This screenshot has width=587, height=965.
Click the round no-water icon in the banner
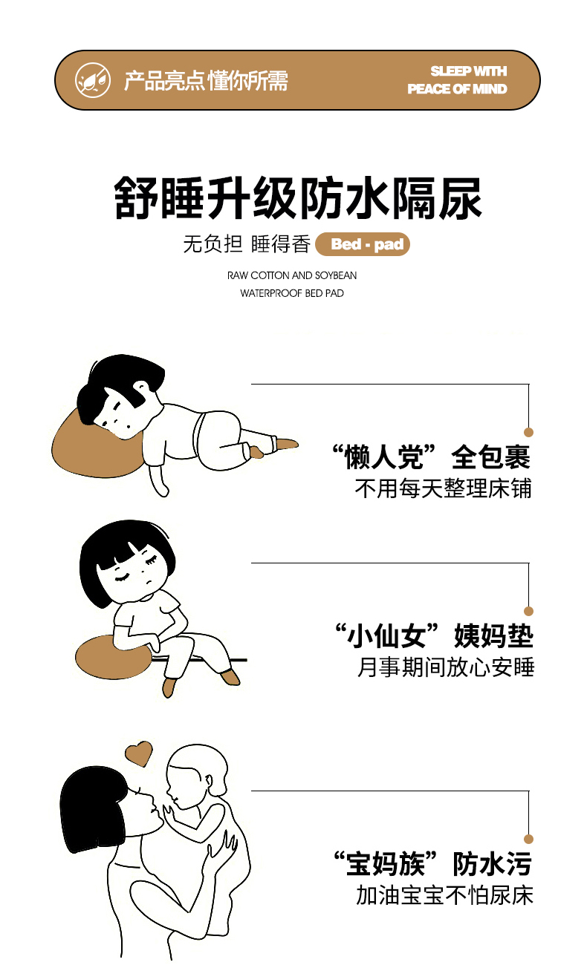click(x=93, y=80)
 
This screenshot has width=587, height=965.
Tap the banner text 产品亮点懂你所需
click(x=206, y=81)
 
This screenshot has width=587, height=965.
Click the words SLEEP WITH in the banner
click(x=468, y=71)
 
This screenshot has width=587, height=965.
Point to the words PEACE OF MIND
click(x=457, y=89)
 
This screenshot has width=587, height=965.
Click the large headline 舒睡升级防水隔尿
click(x=297, y=198)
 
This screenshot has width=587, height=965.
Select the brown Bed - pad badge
click(x=363, y=244)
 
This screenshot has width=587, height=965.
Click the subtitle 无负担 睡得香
click(x=247, y=243)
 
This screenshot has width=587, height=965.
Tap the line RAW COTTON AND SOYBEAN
click(x=292, y=275)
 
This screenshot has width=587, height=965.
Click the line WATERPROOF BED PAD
click(x=292, y=293)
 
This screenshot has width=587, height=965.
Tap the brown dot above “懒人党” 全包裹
click(x=529, y=432)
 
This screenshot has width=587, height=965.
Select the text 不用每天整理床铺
click(x=444, y=488)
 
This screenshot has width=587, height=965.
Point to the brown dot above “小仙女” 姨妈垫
click(x=529, y=611)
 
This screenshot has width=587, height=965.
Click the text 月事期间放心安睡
click(x=446, y=667)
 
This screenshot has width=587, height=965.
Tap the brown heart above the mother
click(x=138, y=753)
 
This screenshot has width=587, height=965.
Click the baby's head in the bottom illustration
click(x=197, y=775)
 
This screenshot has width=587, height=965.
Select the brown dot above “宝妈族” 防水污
click(x=529, y=839)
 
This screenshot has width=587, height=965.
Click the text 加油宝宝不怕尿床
click(x=444, y=895)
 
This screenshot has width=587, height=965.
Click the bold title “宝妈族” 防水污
click(x=432, y=864)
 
